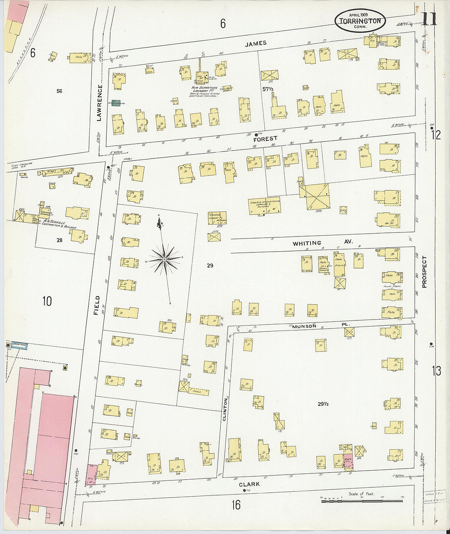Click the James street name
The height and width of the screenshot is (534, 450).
pyautogui.click(x=256, y=43)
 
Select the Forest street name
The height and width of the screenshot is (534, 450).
pyautogui.click(x=265, y=139)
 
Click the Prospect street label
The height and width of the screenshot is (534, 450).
pyautogui.click(x=424, y=272)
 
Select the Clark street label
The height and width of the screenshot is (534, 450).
pyautogui.click(x=249, y=484)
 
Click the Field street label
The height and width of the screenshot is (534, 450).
pyautogui.click(x=97, y=305)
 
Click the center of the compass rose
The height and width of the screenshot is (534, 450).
pyautogui.click(x=164, y=259)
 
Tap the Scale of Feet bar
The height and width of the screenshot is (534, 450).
pyautogui.click(x=362, y=500)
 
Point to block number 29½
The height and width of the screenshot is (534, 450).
pyautogui.click(x=323, y=404)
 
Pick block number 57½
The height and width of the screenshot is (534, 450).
pyautogui.click(x=268, y=88)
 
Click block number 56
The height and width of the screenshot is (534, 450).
pyautogui.click(x=60, y=91)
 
